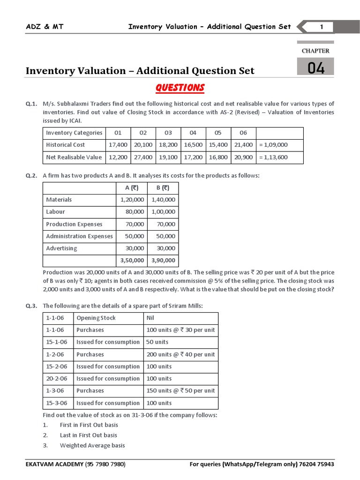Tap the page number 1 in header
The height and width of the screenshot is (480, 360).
click(321, 27)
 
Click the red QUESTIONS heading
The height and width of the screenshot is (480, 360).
click(180, 88)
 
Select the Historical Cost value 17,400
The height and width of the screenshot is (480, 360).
click(118, 145)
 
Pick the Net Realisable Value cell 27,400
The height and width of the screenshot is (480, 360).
click(143, 157)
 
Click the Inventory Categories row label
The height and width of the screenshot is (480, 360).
click(74, 133)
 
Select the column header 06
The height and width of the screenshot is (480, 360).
click(243, 133)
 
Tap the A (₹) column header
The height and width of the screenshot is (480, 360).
click(132, 188)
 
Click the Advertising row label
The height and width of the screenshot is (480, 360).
click(61, 248)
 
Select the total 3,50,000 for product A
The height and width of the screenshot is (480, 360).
click(132, 260)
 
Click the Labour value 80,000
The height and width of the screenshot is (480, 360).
click(135, 212)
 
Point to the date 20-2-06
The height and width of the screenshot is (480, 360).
click(57, 378)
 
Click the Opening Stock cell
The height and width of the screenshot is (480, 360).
click(96, 318)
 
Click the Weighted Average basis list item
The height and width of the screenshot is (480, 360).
click(92, 445)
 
